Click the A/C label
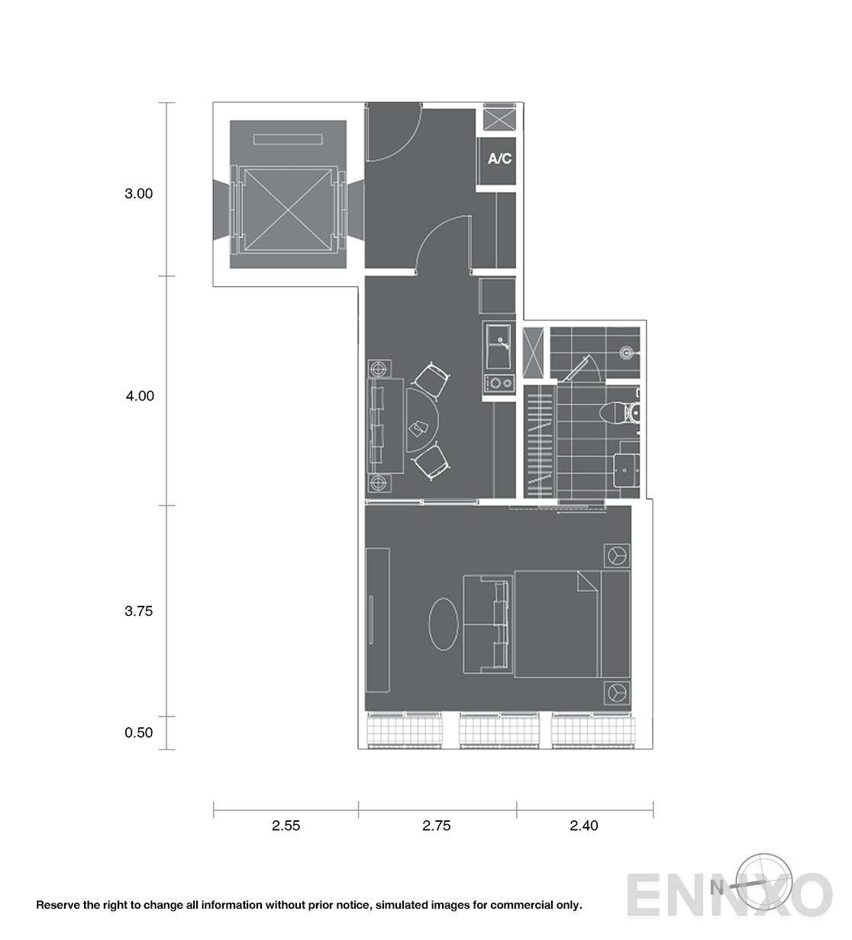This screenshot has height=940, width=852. (x=499, y=159)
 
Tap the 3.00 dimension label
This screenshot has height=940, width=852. (x=138, y=194)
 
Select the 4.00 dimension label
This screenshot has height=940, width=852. (x=139, y=396)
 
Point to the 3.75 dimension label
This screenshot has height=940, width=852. (x=138, y=610)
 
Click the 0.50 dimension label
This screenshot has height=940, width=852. (x=138, y=732)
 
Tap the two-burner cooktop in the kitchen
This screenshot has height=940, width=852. (x=499, y=383)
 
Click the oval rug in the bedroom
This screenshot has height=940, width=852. (x=443, y=624)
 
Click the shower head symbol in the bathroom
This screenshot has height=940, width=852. (x=626, y=352)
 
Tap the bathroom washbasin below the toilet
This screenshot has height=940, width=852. (x=627, y=470)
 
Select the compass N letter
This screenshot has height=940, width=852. (x=717, y=887)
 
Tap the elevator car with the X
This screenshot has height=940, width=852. (x=288, y=210)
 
